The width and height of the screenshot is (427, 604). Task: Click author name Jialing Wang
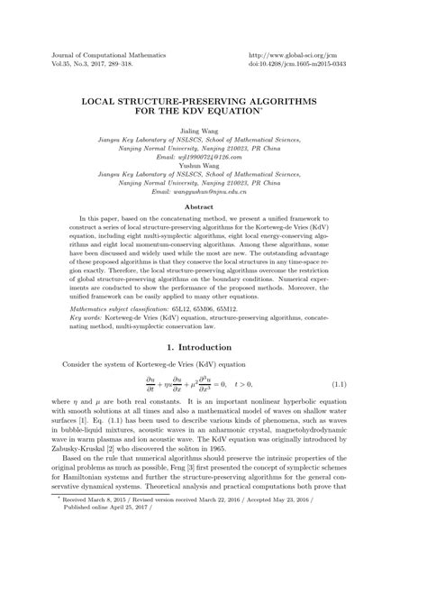point(213,132)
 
